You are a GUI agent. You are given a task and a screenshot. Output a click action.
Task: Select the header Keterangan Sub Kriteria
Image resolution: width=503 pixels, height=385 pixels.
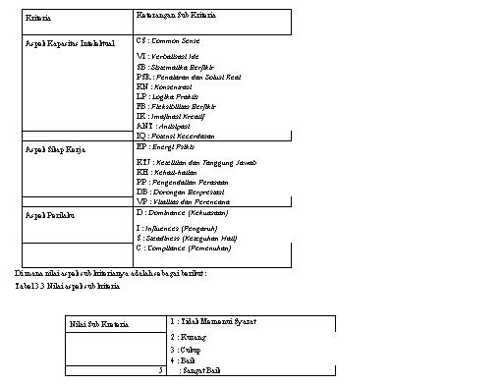pos(177,18)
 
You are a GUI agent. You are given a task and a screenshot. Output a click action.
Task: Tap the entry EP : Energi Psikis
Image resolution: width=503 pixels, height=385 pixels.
pos(168,145)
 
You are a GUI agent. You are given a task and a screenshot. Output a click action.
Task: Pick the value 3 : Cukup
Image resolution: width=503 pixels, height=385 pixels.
pos(184,349)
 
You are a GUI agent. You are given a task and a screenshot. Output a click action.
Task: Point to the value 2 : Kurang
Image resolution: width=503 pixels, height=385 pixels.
pos(185,337)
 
